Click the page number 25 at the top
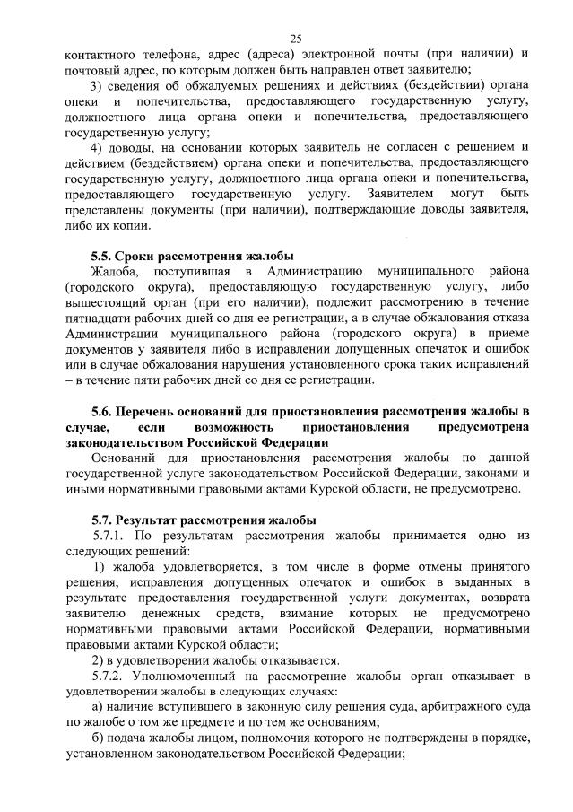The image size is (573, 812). (x=296, y=38)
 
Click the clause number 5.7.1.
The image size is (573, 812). (x=109, y=536)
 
